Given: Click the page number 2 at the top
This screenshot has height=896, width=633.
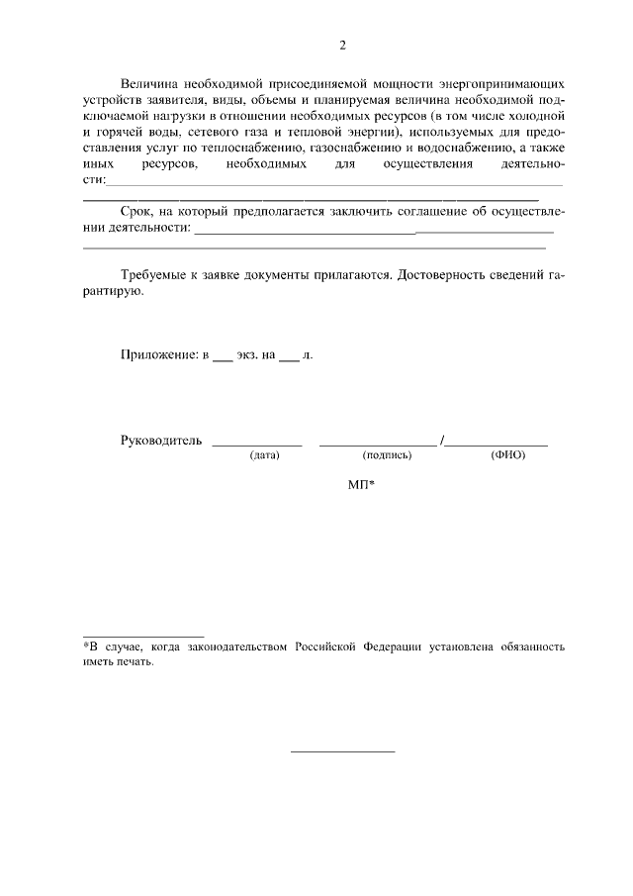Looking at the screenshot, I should point(342,46).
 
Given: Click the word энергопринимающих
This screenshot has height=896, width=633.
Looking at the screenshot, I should point(503,84).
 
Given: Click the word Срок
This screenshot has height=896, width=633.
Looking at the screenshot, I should point(137,211).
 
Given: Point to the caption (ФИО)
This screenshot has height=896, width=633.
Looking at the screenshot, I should point(507,455).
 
